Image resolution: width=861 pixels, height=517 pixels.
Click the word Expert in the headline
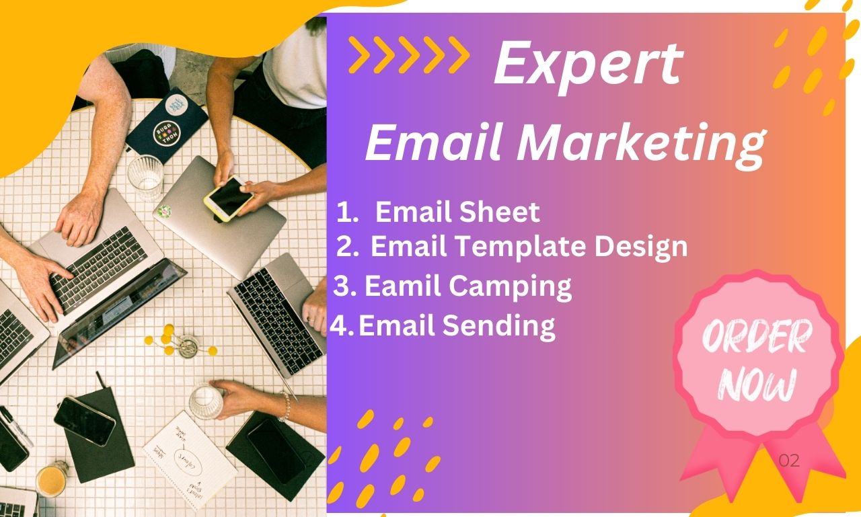point(588,63)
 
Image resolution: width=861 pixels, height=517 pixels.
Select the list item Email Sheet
point(457,212)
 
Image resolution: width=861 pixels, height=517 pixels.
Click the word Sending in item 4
point(498,326)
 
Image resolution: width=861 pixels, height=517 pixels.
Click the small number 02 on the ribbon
point(789,461)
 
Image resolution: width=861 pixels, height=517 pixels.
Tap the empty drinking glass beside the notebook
point(145,176)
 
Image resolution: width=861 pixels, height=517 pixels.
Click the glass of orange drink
point(51,480)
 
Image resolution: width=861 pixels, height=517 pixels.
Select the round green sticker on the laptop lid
point(164,210)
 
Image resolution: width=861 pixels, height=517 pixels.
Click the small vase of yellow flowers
point(182,344)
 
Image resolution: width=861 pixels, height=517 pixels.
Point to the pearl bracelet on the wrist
point(286,406)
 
